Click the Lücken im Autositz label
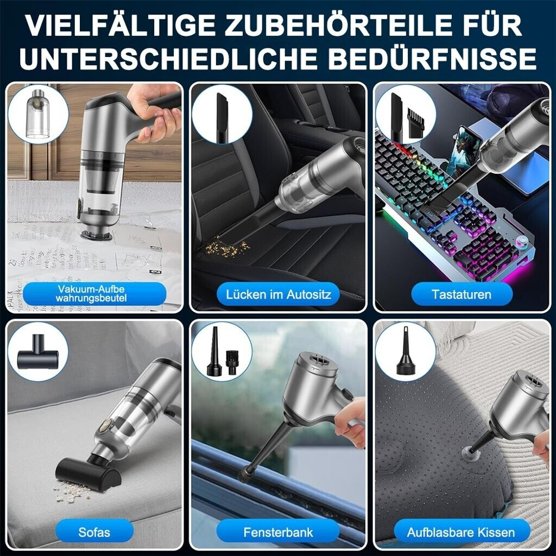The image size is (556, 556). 279,294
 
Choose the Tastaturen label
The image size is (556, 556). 462,294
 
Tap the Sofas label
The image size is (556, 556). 94,532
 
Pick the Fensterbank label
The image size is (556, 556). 279,532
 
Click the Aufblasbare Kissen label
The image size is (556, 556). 461,532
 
